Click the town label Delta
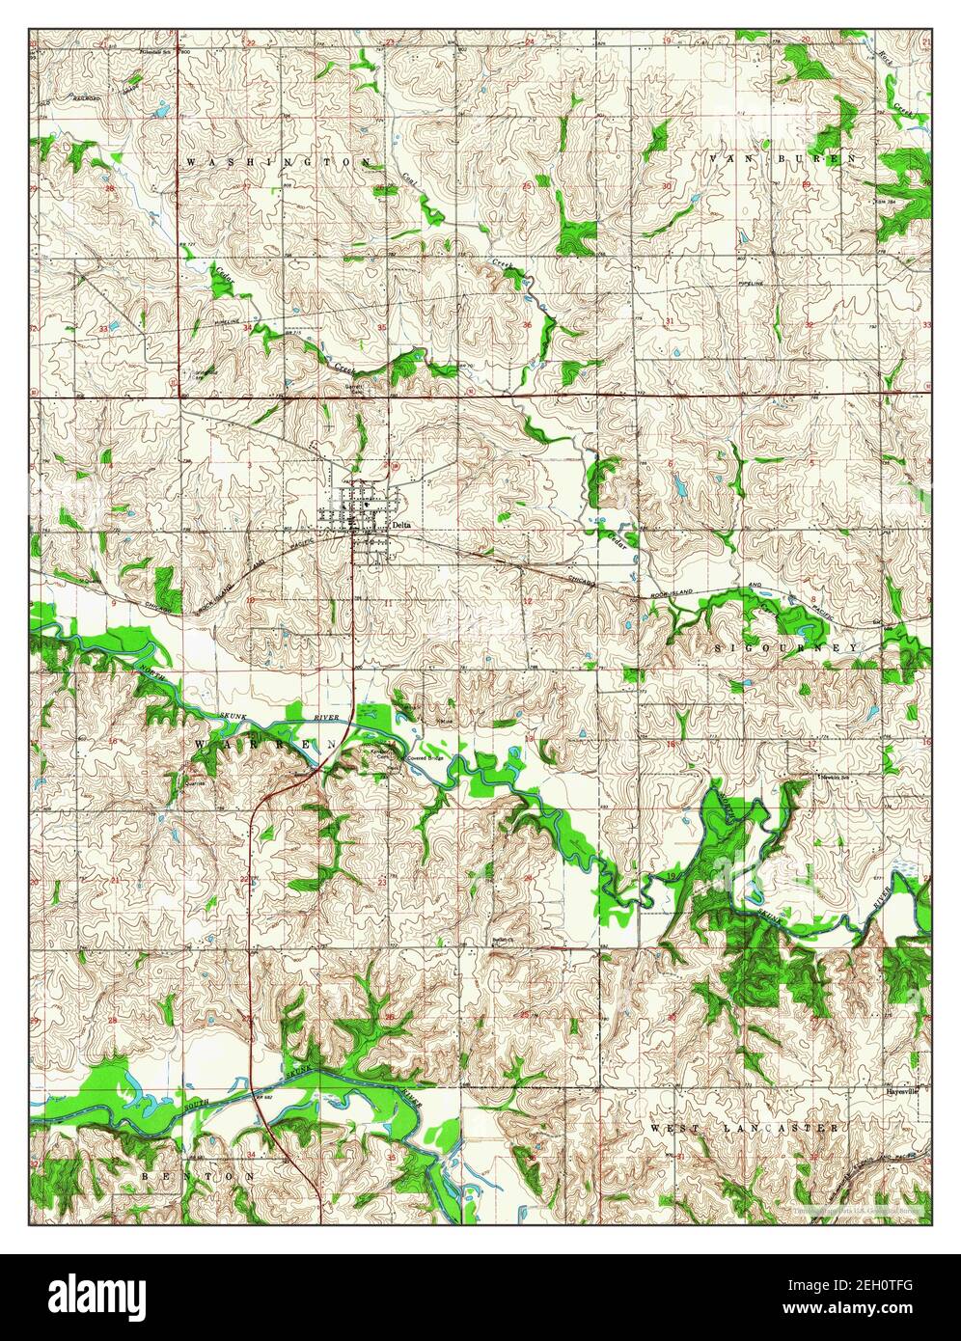pyautogui.click(x=404, y=524)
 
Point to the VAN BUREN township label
pyautogui.click(x=783, y=157)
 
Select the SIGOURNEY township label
pyautogui.click(x=785, y=648)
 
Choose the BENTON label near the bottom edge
pyautogui.click(x=198, y=1177)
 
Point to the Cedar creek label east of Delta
pyautogui.click(x=618, y=535)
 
